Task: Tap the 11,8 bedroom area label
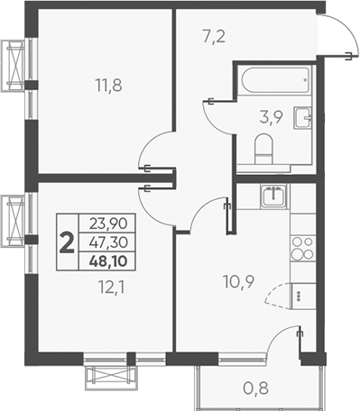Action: [x=108, y=87]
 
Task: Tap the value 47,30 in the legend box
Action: [x=107, y=242]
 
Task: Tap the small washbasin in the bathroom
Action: [x=306, y=115]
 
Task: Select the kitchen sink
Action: [x=273, y=194]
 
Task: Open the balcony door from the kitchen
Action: [x=288, y=341]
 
